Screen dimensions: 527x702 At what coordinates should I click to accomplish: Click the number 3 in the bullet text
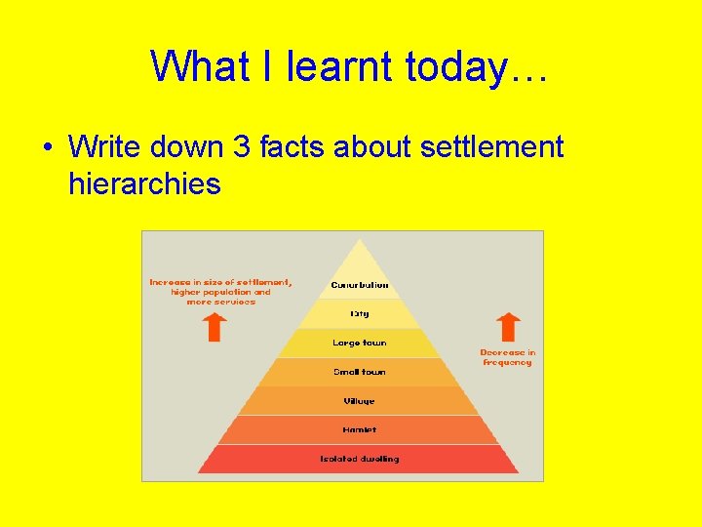[x=242, y=147]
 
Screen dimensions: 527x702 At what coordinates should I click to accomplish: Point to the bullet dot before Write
[x=47, y=148]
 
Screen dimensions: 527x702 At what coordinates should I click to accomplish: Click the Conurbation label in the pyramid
[x=360, y=285]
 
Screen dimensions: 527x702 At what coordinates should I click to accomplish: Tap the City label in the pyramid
[x=360, y=314]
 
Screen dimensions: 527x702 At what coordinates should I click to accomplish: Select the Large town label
[x=360, y=343]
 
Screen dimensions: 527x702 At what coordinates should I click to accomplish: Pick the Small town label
[x=360, y=372]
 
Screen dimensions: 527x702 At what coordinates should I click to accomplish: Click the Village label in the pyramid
[x=360, y=401]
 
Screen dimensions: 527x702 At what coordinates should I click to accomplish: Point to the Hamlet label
[x=360, y=429]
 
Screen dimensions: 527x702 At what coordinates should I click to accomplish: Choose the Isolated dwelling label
[x=360, y=459]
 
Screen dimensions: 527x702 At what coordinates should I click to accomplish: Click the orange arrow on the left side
[x=216, y=327]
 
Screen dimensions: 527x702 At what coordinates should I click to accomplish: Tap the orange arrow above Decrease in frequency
[x=508, y=327]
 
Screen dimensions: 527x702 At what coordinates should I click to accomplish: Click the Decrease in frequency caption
[x=508, y=357]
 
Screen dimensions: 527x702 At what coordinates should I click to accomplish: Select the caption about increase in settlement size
[x=220, y=292]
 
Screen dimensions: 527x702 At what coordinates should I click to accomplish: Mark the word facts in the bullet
[x=290, y=147]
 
